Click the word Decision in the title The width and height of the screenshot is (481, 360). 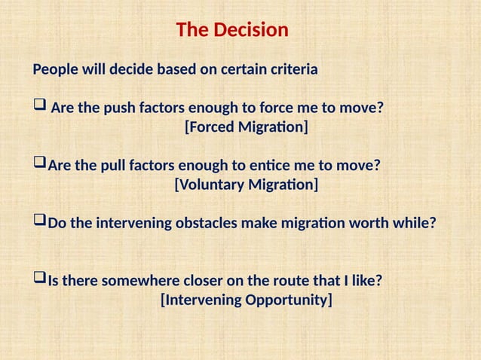(252, 30)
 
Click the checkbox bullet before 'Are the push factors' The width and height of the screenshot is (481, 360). (39, 108)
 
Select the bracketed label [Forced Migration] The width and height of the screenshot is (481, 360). (247, 127)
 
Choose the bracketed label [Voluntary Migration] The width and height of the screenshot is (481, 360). (247, 185)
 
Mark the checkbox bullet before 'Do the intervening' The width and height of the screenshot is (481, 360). (39, 223)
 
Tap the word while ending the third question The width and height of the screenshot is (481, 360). (416, 224)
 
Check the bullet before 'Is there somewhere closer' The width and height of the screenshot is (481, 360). (39, 280)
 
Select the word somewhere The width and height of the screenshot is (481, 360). (137, 281)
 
